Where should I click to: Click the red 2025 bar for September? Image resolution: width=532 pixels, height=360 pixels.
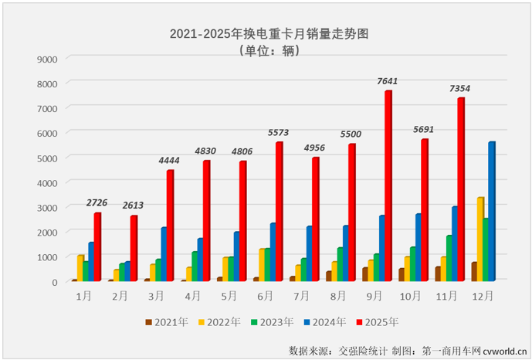[x=388, y=186]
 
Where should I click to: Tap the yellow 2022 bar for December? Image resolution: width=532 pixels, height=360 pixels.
[x=480, y=239]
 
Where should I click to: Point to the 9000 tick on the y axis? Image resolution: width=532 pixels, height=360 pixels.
[x=48, y=59]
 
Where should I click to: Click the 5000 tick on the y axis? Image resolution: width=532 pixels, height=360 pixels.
[x=48, y=158]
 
